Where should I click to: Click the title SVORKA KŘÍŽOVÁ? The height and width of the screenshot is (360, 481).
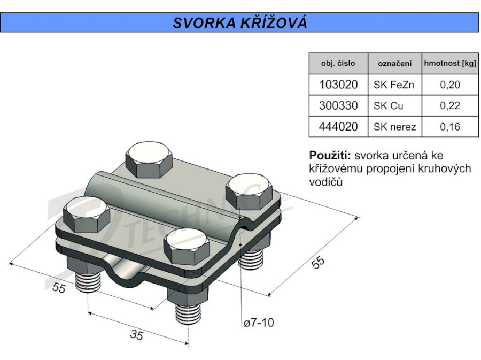tap(240, 22)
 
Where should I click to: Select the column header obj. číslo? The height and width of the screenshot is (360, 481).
tap(338, 64)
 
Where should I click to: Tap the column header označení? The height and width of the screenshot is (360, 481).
tap(394, 64)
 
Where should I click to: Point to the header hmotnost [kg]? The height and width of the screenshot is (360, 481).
tap(450, 64)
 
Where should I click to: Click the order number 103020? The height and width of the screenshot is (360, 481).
tap(338, 85)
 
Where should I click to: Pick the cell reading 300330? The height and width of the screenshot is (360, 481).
tap(338, 105)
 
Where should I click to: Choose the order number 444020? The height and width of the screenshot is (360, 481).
tap(338, 126)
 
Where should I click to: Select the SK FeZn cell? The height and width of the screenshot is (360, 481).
tap(394, 85)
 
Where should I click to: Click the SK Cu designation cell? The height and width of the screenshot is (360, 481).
tap(388, 105)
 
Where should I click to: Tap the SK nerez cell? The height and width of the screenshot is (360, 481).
tap(395, 126)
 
